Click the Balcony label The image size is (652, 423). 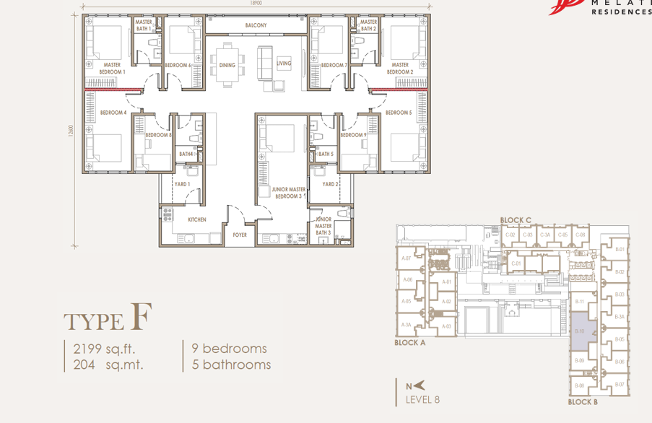pyautogui.click(x=256, y=25)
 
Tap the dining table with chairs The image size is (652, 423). pyautogui.click(x=229, y=64)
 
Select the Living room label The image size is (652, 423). pyautogui.click(x=284, y=64)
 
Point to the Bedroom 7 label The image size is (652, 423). pyautogui.click(x=334, y=66)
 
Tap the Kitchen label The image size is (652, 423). pyautogui.click(x=197, y=219)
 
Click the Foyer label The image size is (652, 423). pyautogui.click(x=239, y=235)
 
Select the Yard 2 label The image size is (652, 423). pyautogui.click(x=331, y=185)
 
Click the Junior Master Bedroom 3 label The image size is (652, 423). pyautogui.click(x=287, y=193)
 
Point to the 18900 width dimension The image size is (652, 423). pyautogui.click(x=256, y=4)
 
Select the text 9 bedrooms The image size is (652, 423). pyautogui.click(x=229, y=349)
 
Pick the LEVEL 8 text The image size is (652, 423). pyautogui.click(x=422, y=399)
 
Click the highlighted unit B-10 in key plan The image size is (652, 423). pyautogui.click(x=581, y=330)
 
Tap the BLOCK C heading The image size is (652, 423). pyautogui.click(x=516, y=220)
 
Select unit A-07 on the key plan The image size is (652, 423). pyautogui.click(x=407, y=258)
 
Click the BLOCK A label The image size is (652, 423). pyautogui.click(x=410, y=343)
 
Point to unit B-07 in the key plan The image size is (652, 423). pyautogui.click(x=619, y=385)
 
